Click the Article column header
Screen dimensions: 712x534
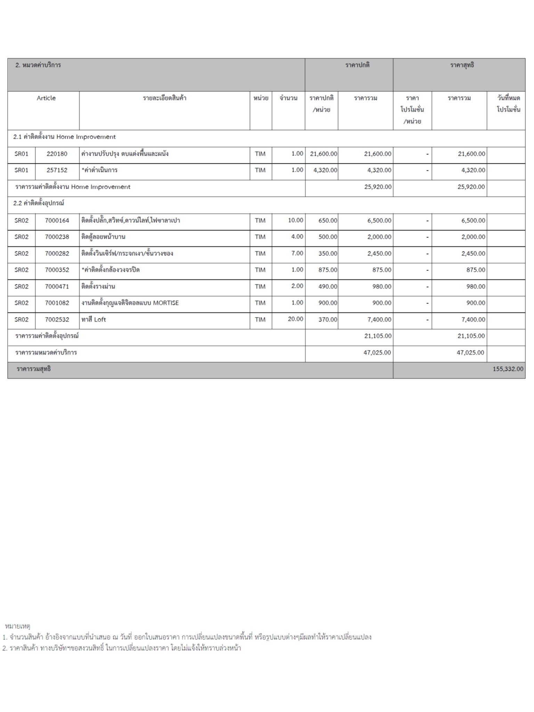46,98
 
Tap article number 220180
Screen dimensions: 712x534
57,154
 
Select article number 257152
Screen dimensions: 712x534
57,170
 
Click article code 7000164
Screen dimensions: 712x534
57,220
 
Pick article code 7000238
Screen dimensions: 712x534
57,237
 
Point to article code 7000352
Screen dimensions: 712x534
57,270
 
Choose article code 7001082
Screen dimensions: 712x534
57,303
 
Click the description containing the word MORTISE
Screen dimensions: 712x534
130,303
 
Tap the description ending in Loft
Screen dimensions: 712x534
94,319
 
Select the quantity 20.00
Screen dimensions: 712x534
295,319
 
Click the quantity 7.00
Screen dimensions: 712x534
297,253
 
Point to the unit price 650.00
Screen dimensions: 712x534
327,220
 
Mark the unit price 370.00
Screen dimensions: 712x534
327,319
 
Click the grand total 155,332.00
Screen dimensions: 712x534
508,369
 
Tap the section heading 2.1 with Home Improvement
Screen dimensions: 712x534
64,137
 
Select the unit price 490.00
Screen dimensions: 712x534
327,286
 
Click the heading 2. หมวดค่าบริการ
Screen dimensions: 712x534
38,65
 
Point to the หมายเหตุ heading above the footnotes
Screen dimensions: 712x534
18,626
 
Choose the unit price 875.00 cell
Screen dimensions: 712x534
327,270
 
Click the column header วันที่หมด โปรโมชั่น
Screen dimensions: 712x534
508,104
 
